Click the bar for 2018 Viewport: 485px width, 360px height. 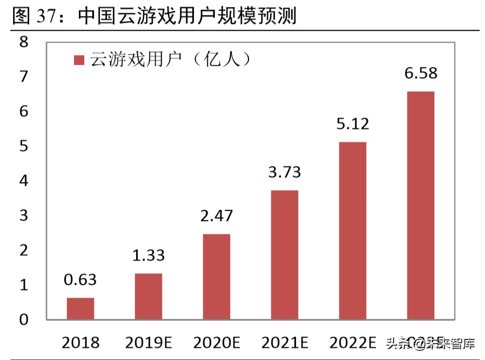[x=80, y=308]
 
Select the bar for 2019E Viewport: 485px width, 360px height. [x=148, y=296]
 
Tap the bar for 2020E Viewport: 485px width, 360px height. [x=216, y=276]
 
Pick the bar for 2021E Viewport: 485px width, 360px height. [x=284, y=255]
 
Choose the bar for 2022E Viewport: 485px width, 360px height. [x=352, y=230]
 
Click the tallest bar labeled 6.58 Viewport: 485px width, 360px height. [x=420, y=205]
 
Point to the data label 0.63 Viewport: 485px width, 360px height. [x=80, y=279]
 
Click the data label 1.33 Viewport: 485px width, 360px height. [x=149, y=255]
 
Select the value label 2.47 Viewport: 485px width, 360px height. [x=216, y=216]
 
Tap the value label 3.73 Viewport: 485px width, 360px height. [x=284, y=172]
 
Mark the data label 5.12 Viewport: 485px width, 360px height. [x=352, y=124]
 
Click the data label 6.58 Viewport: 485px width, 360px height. [x=420, y=74]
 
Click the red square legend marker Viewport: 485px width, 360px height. [x=79, y=60]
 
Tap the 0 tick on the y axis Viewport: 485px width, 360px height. [x=23, y=319]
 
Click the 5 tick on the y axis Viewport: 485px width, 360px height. [x=23, y=146]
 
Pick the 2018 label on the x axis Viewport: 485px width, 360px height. [x=80, y=342]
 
